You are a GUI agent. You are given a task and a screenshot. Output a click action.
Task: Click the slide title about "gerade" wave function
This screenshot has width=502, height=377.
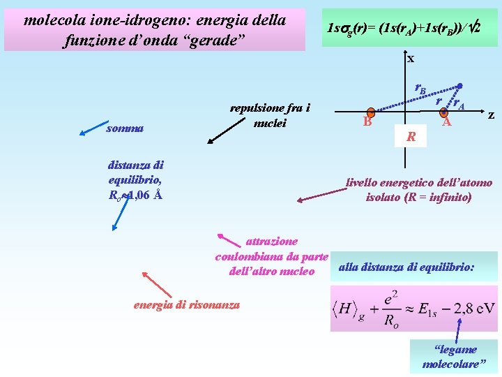tap(155, 30)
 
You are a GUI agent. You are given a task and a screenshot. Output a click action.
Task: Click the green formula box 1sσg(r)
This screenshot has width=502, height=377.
tap(409, 28)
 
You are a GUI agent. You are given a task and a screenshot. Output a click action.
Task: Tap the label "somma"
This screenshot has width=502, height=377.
tap(125, 128)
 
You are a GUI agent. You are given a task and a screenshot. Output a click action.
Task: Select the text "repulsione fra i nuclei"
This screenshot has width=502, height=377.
tap(269, 115)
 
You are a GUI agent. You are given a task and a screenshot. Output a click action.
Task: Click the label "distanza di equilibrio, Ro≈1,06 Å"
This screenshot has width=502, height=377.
tap(136, 180)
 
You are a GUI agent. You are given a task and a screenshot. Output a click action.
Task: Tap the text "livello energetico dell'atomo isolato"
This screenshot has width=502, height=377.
tap(419, 190)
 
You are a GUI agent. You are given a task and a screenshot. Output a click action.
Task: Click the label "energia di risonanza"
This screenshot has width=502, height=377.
tap(186, 304)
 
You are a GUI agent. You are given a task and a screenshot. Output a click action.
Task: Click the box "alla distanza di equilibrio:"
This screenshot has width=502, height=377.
tap(406, 267)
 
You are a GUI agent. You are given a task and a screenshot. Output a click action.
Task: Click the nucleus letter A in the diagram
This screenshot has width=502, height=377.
tap(448, 123)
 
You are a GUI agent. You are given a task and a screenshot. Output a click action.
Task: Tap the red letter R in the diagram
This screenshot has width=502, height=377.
tap(411, 137)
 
